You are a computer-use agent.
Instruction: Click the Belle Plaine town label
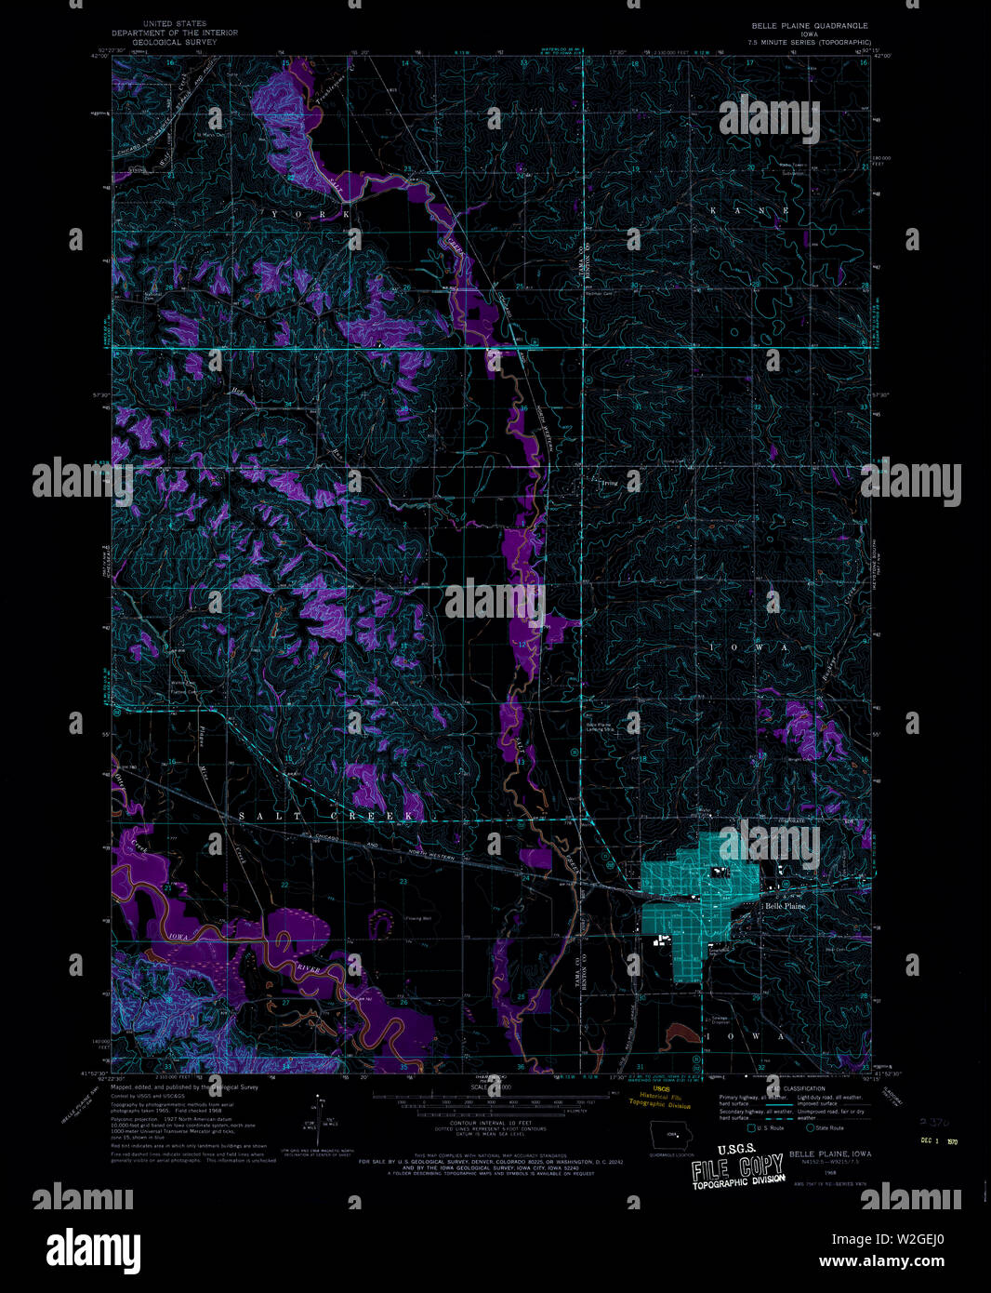pyautogui.click(x=786, y=905)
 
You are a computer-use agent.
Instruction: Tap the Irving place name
pyautogui.click(x=608, y=484)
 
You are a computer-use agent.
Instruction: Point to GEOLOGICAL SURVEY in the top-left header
pyautogui.click(x=174, y=42)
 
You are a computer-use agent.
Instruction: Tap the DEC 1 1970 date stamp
pyautogui.click(x=940, y=1140)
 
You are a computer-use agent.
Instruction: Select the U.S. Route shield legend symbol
pyautogui.click(x=751, y=1127)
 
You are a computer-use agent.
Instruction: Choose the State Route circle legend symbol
pyautogui.click(x=810, y=1127)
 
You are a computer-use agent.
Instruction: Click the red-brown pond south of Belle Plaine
pyautogui.click(x=684, y=1031)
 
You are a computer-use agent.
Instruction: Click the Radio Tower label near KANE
pyautogui.click(x=791, y=166)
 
